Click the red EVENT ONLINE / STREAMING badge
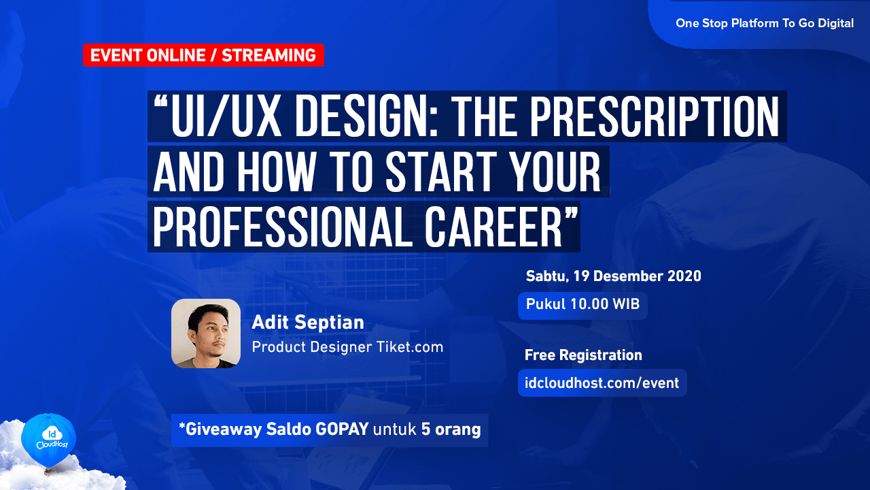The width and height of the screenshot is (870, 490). [x=203, y=55]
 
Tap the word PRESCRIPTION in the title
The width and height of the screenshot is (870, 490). [x=655, y=117]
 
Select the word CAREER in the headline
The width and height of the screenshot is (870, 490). [x=493, y=227]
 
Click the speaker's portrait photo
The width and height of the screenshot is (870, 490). [x=206, y=333]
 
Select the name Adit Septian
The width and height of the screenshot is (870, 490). [x=308, y=323]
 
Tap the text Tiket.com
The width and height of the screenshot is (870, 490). [x=410, y=347]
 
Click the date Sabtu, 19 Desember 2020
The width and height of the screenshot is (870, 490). [x=613, y=276]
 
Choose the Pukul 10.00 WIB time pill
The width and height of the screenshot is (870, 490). [x=582, y=306]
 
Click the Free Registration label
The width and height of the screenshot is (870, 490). [x=583, y=355]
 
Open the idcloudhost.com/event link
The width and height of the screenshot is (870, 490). [x=602, y=382]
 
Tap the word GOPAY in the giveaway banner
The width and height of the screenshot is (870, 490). [x=342, y=429]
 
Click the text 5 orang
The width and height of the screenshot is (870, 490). [x=451, y=429]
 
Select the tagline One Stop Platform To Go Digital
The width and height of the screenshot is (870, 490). [x=765, y=23]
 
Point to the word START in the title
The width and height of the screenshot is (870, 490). [x=442, y=171]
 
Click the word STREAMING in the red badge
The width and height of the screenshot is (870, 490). [x=268, y=55]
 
